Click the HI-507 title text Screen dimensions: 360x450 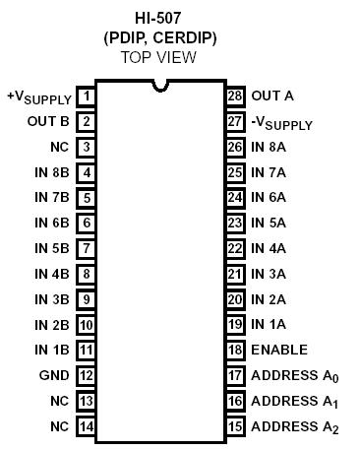(x=158, y=18)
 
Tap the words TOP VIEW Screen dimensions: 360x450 (x=158, y=57)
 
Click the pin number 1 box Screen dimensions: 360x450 (x=87, y=96)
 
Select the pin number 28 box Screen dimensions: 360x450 (x=234, y=96)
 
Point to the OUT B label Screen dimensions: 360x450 (x=47, y=122)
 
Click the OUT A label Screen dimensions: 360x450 (x=272, y=96)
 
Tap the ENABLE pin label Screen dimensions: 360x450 (x=279, y=350)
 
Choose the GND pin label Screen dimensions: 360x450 (x=54, y=375)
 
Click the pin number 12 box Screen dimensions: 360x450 (x=87, y=375)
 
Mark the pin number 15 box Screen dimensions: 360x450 (x=234, y=426)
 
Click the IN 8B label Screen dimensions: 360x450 (x=50, y=172)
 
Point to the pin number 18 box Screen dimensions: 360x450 (x=234, y=350)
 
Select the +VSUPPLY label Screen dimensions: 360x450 (x=39, y=97)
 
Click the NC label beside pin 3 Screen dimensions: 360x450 (x=59, y=147)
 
